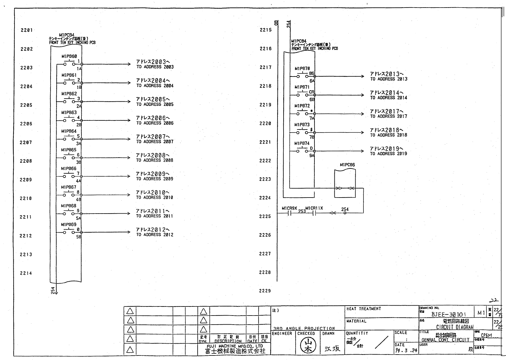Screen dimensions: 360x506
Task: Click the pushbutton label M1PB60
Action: click(69, 56)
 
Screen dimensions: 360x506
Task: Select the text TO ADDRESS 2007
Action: click(155, 142)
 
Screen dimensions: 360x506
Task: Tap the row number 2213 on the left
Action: click(26, 254)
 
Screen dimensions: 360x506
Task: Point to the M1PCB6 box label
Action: click(347, 165)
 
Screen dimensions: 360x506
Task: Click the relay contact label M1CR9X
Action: click(289, 208)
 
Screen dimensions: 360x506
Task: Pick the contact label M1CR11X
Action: click(314, 208)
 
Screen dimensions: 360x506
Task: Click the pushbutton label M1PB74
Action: click(302, 143)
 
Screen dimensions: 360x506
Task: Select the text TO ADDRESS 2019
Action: click(389, 154)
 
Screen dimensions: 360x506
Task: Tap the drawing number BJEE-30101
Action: click(449, 314)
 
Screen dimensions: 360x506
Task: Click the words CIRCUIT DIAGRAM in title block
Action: click(455, 327)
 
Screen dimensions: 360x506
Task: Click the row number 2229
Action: click(265, 291)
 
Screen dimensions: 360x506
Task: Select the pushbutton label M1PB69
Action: click(69, 225)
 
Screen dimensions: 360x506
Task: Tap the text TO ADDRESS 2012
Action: click(155, 235)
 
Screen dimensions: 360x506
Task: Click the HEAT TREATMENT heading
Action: click(363, 309)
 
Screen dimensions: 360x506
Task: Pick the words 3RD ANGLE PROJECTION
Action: click(304, 329)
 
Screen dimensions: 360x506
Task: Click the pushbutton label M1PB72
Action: click(302, 106)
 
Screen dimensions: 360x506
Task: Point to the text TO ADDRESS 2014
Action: click(389, 98)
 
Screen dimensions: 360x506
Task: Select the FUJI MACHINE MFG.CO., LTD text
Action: click(235, 346)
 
